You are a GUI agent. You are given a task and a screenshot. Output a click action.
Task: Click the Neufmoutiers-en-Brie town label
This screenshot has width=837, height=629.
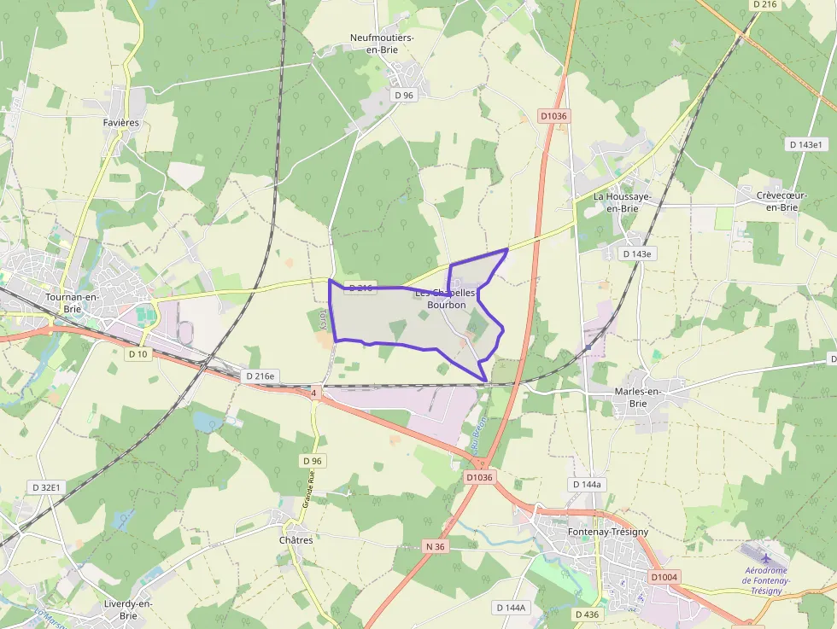pos(383,44)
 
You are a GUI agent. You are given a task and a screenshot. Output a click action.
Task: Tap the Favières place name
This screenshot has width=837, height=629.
pos(120,123)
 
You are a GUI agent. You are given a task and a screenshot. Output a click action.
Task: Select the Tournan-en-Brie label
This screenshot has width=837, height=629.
pos(72,303)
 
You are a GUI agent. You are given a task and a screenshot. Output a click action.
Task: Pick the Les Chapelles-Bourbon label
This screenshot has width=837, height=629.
pos(446,299)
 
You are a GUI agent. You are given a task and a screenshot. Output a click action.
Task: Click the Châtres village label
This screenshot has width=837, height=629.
pos(296,540)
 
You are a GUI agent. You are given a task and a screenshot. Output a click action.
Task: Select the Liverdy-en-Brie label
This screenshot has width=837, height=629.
pos(128,609)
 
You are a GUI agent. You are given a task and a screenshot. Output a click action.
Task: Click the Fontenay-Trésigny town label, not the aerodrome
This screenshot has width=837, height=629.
pos(607,532)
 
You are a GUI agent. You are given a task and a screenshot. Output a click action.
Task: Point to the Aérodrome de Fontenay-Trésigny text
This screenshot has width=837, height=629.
pos(766,580)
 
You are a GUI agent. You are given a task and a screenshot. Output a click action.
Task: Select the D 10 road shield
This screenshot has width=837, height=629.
pos(138,353)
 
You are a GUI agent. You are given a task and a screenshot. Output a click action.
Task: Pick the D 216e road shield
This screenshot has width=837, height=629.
pos(260,376)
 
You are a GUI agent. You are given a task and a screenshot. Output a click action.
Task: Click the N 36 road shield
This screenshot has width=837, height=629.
pos(435,546)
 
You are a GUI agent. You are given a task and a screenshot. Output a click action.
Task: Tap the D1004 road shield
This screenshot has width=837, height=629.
pos(664,578)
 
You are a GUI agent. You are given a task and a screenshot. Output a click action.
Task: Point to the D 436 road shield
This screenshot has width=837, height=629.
pos(586,614)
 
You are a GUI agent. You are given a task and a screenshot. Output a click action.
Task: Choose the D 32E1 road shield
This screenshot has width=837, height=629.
pos(46,487)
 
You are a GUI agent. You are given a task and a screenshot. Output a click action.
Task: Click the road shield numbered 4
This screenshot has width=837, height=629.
pos(314,393)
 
